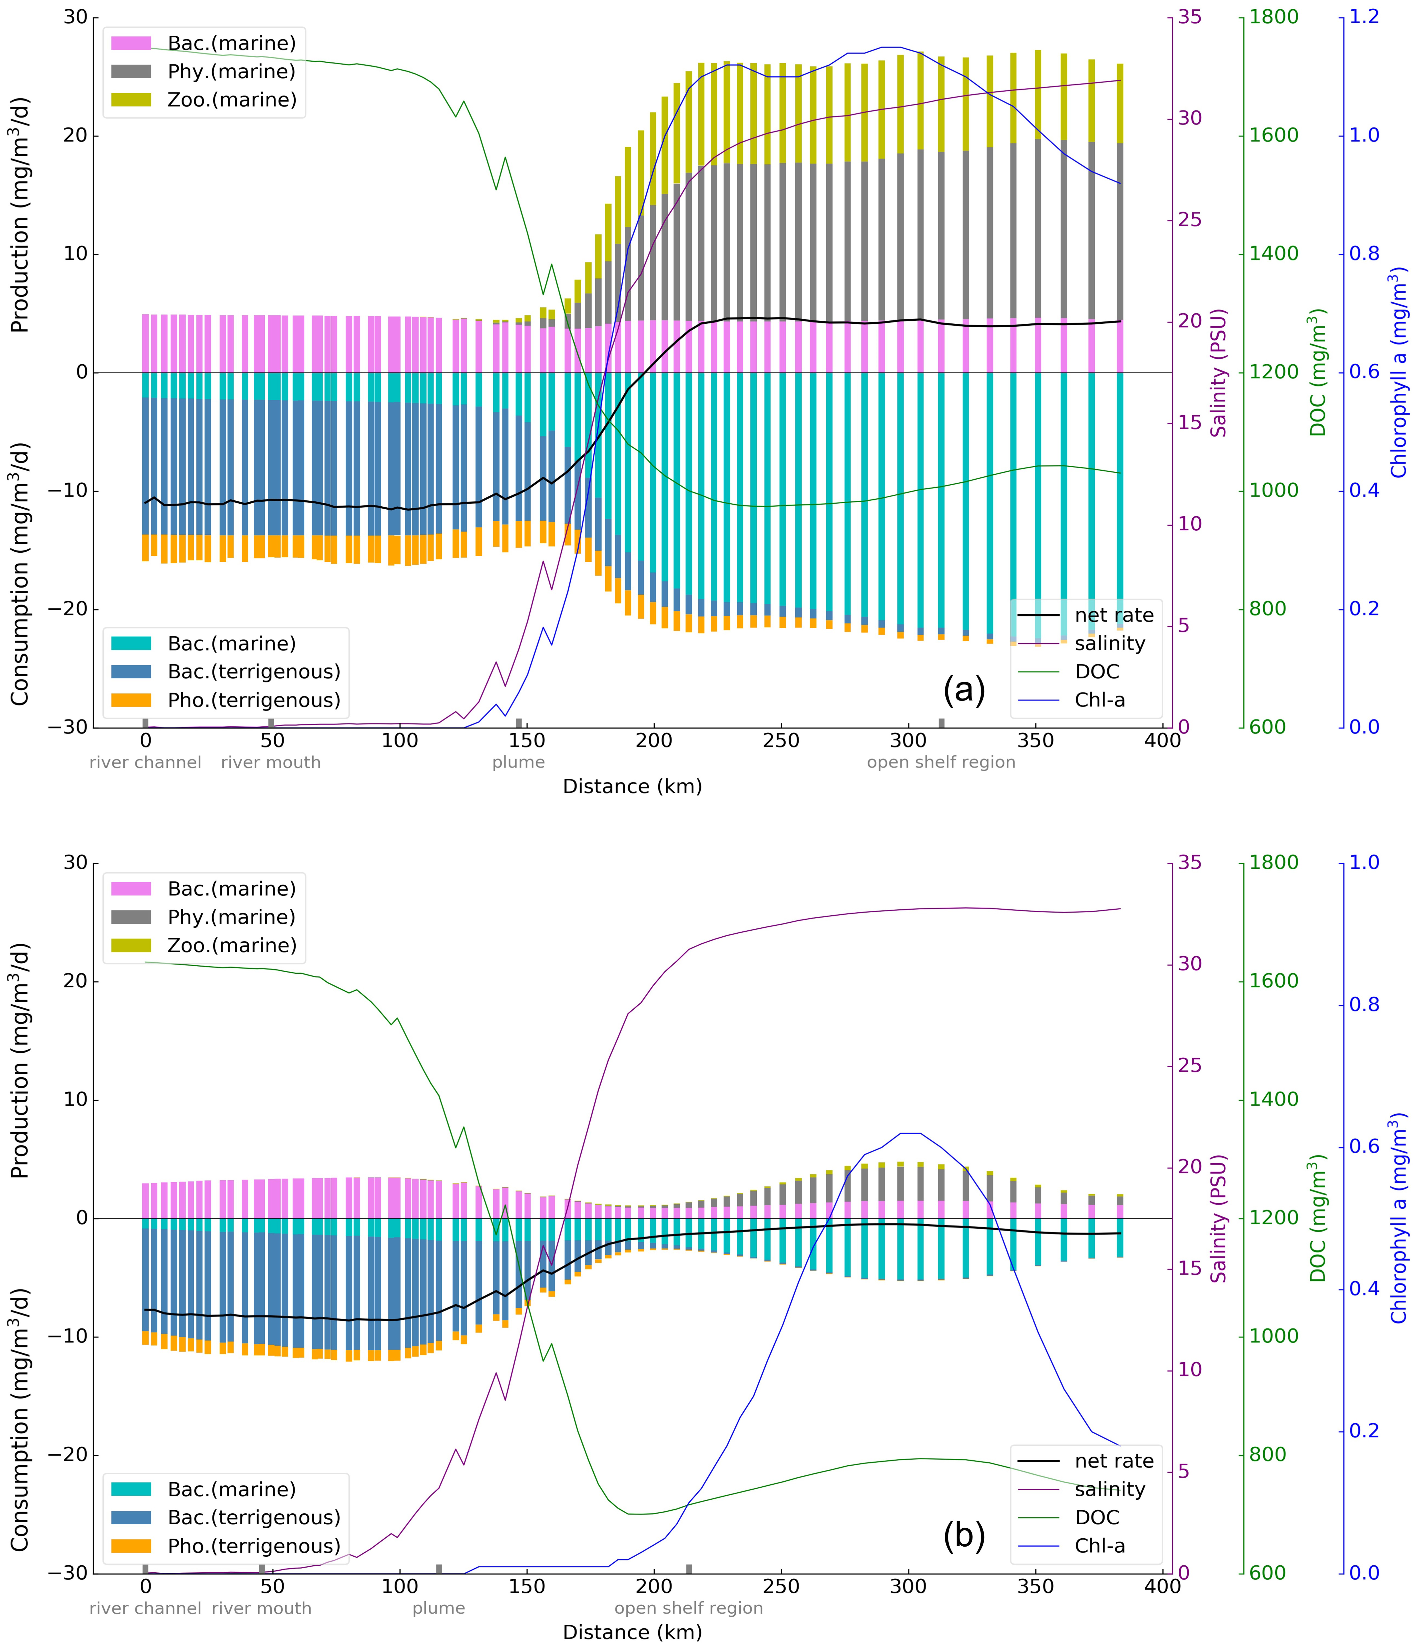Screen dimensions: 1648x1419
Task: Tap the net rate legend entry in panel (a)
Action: [1114, 615]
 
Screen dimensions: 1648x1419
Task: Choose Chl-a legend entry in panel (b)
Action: [1099, 1545]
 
